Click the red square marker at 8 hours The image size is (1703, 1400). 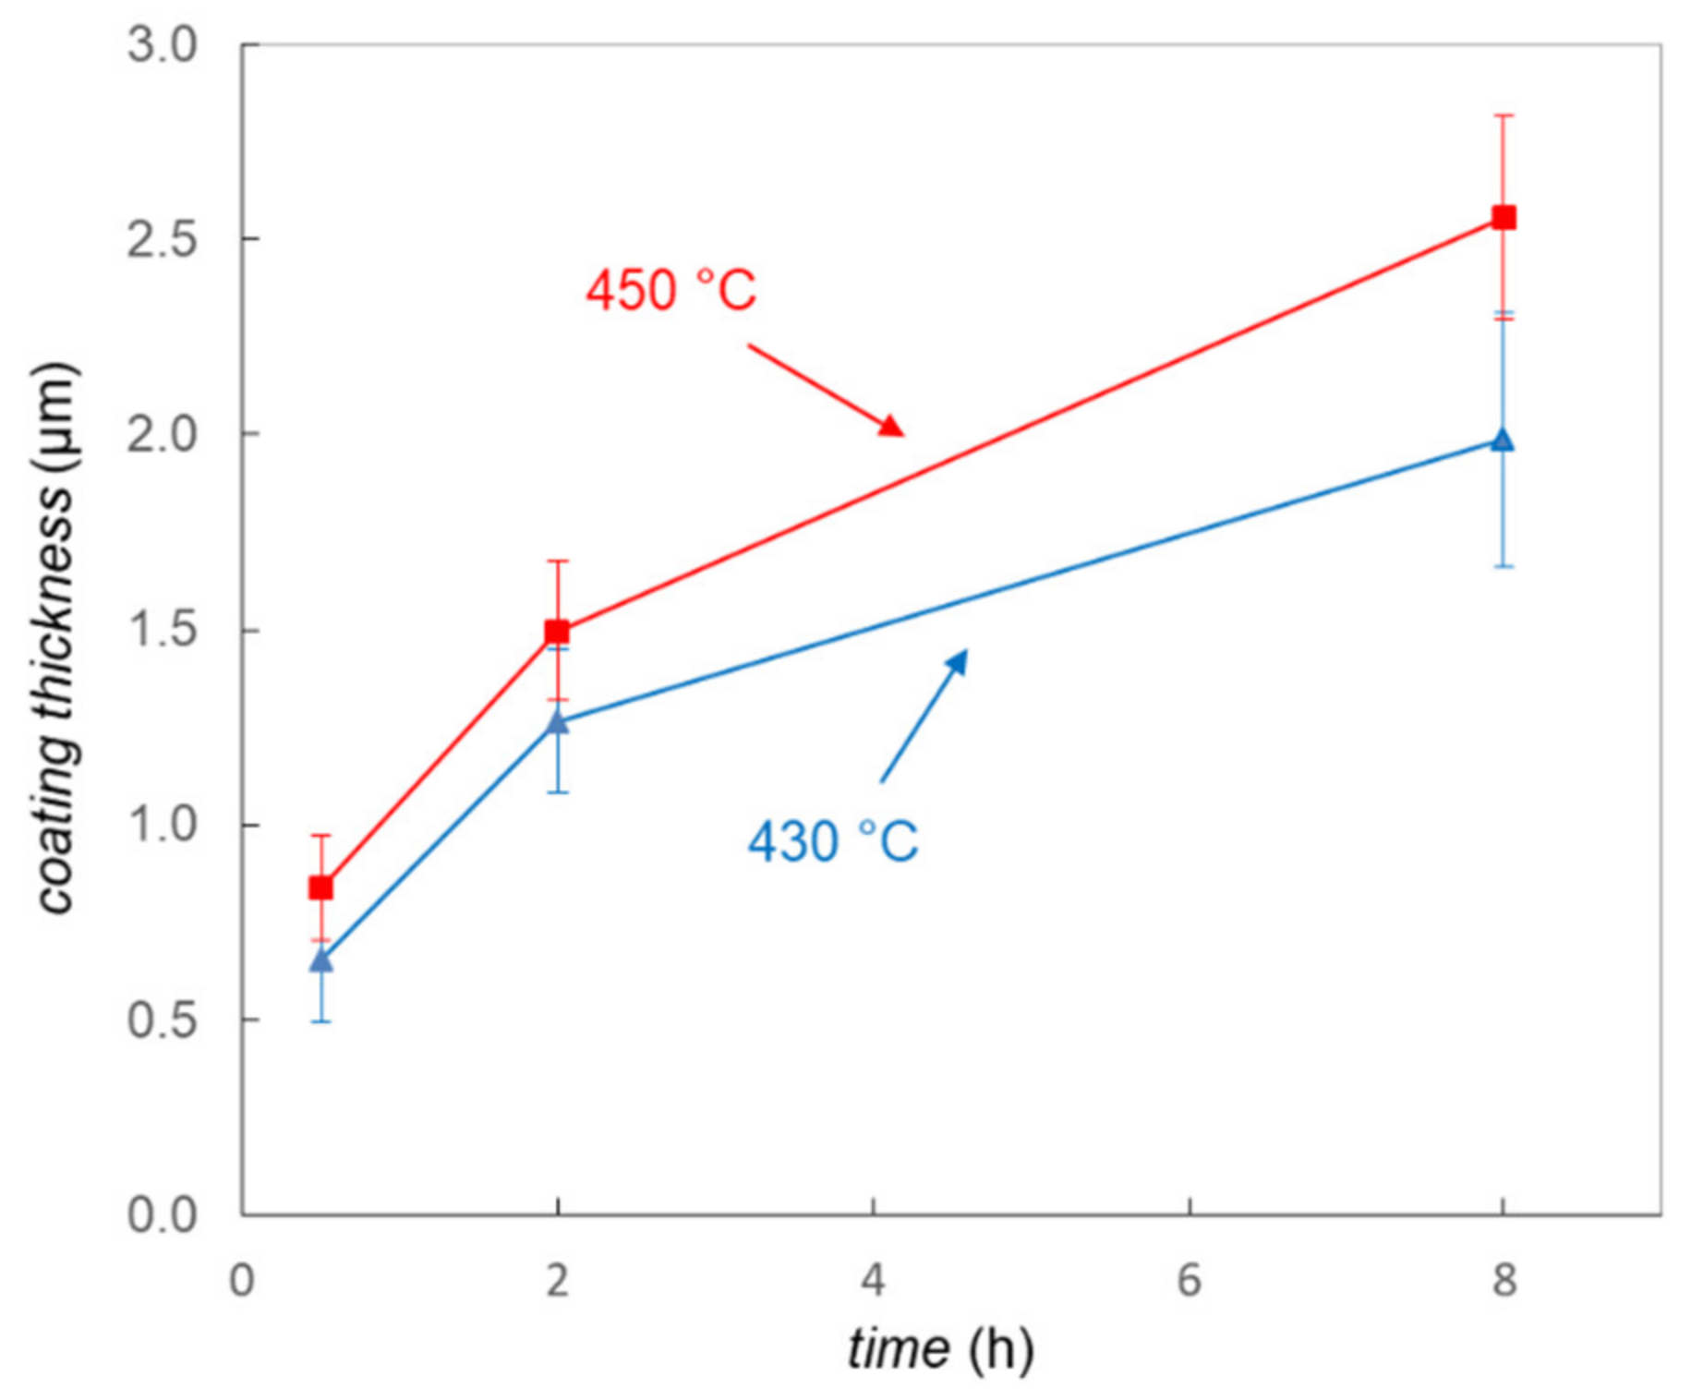pyautogui.click(x=1504, y=218)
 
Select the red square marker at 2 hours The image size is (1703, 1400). pyautogui.click(x=557, y=632)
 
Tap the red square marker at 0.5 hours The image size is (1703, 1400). pyautogui.click(x=320, y=887)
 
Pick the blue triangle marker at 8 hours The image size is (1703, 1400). pyautogui.click(x=1503, y=440)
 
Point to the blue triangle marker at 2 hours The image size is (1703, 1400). pyautogui.click(x=557, y=721)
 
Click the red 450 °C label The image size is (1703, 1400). pyautogui.click(x=671, y=290)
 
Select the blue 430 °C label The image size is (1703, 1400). pyautogui.click(x=833, y=841)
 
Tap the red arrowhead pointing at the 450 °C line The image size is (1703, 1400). pyautogui.click(x=892, y=427)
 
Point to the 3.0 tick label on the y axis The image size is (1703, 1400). pyautogui.click(x=163, y=44)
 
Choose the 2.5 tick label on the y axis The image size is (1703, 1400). pyautogui.click(x=163, y=239)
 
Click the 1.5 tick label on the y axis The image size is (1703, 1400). pyautogui.click(x=163, y=630)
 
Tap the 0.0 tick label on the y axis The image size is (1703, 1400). pyautogui.click(x=163, y=1214)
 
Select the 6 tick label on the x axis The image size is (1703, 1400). pyautogui.click(x=1189, y=1280)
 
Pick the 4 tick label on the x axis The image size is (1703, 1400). pyautogui.click(x=873, y=1280)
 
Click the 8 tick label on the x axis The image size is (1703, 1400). pyautogui.click(x=1504, y=1280)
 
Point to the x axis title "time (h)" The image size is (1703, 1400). pyautogui.click(x=940, y=1349)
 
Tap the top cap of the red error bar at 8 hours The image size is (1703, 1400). pyautogui.click(x=1504, y=115)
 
